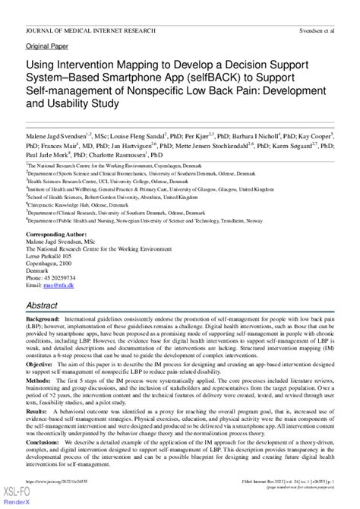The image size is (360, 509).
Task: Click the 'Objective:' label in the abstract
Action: (41, 365)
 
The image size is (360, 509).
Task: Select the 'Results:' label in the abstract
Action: (38, 429)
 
